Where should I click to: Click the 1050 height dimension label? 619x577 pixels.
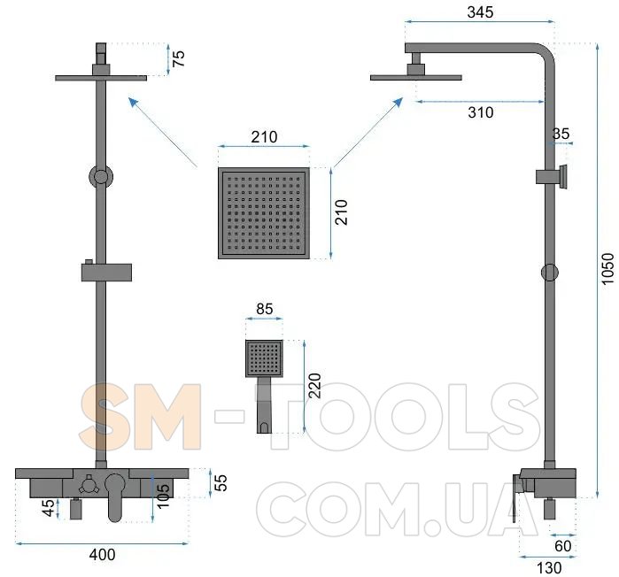[607, 268]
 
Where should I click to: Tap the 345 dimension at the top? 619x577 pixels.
[480, 12]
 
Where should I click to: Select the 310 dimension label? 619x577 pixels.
[481, 112]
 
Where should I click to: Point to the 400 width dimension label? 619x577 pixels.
[102, 555]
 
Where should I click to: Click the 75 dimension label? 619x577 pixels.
[178, 58]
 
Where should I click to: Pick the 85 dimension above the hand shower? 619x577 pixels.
[264, 309]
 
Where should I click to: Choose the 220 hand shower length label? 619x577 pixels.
[314, 386]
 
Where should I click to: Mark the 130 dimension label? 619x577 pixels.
[549, 568]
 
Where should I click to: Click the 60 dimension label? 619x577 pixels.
[563, 546]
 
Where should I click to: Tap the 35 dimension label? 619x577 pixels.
[561, 134]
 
